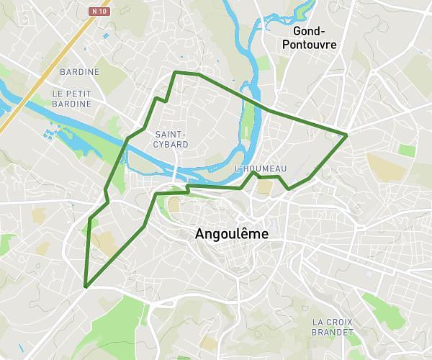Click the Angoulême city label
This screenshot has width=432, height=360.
tap(231, 235)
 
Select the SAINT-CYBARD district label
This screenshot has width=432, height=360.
tap(171, 139)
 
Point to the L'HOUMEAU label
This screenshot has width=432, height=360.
tap(261, 168)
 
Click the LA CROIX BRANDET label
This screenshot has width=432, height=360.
tap(333, 327)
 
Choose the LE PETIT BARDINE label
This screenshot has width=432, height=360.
tap(72, 99)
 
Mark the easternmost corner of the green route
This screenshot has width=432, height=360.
tap(347, 135)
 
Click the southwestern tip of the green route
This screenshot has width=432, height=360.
tap(85, 287)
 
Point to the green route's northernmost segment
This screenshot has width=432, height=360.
tap(187, 73)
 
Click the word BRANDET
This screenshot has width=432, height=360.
tap(333, 332)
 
